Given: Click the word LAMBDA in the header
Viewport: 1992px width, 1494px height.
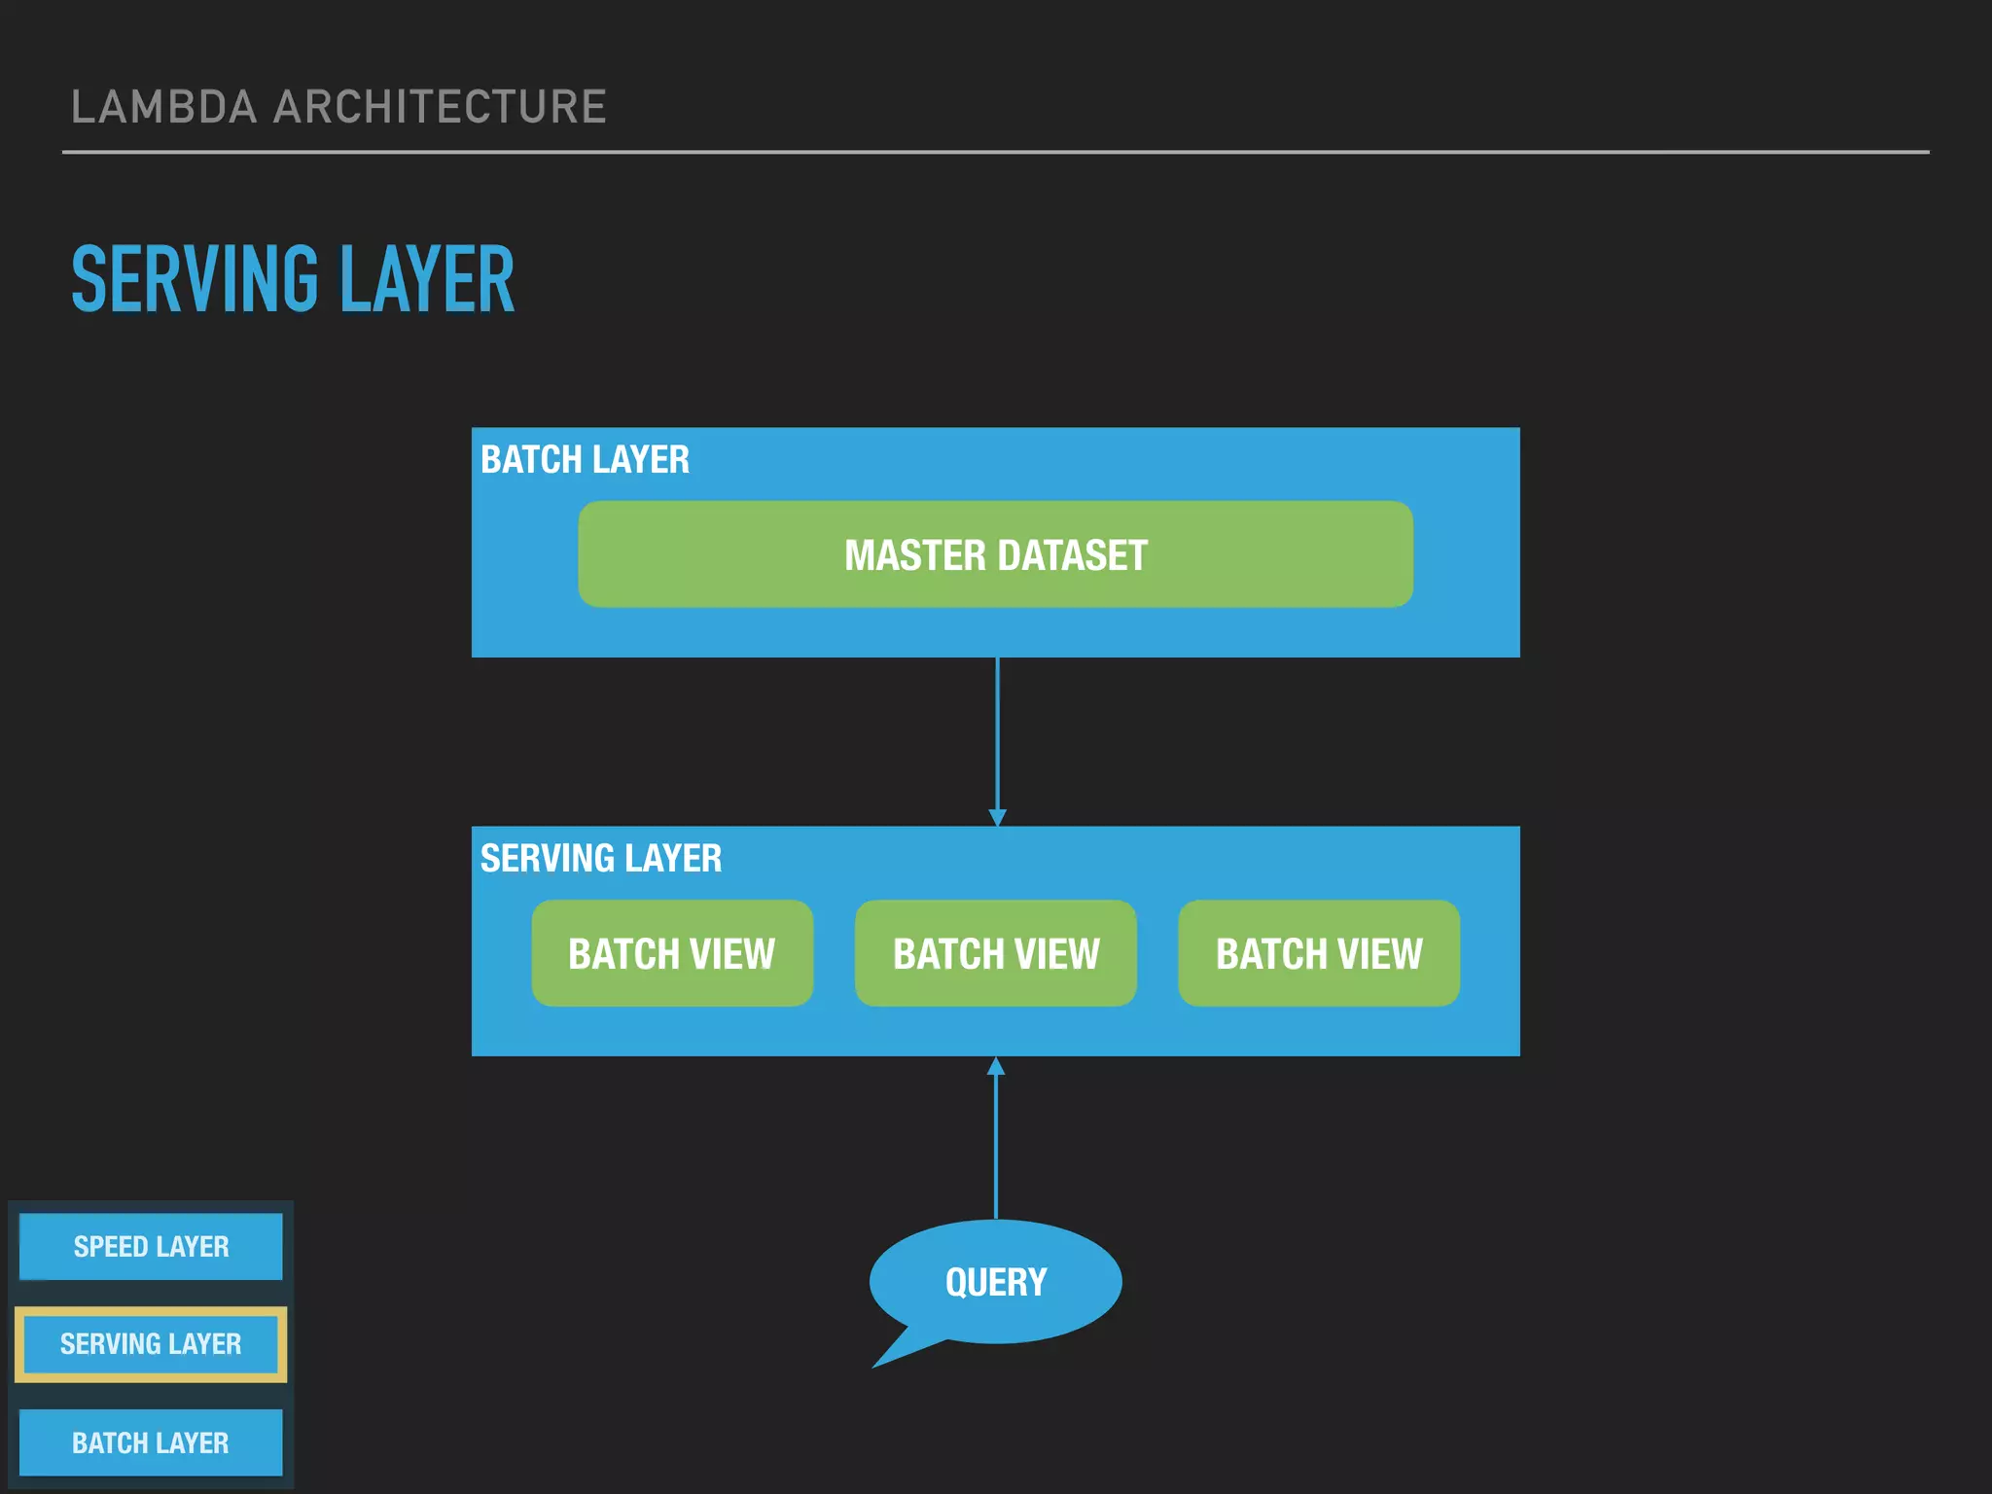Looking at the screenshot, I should click(163, 107).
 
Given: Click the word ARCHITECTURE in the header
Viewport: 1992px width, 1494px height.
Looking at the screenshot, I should click(440, 107).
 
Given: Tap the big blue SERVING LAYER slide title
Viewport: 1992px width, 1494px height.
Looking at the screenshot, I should click(292, 280).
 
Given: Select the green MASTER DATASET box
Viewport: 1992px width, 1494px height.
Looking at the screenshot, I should click(995, 554).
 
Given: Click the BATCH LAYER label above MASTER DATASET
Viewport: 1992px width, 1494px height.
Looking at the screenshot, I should click(585, 460).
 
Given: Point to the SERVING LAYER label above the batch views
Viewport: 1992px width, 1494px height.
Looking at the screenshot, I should click(600, 859).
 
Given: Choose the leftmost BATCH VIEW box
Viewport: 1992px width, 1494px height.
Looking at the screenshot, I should click(672, 953).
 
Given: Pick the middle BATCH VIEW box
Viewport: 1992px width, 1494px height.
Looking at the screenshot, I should click(996, 953).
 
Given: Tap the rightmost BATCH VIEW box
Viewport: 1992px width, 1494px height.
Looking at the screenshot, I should click(1319, 953).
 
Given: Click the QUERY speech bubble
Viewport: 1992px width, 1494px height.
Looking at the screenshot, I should click(996, 1281).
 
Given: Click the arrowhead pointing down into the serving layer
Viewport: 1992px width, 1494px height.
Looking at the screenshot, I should click(997, 818).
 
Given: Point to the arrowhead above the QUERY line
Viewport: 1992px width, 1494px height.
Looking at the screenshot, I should click(996, 1067).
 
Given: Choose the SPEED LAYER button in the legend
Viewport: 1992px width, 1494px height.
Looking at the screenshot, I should click(151, 1247).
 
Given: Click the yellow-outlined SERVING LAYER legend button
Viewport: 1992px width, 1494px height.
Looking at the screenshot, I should click(151, 1344).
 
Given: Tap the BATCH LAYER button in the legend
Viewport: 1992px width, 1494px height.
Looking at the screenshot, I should click(151, 1442).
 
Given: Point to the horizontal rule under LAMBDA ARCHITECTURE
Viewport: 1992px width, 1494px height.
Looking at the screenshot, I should click(996, 152).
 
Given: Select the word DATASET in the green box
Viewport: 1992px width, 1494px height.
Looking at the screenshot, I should click(1072, 555).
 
